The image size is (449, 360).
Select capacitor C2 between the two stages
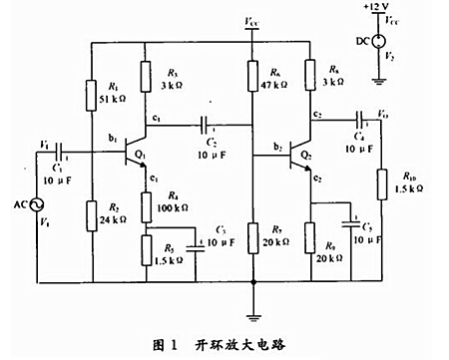click(206, 127)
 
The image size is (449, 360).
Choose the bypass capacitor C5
click(351, 220)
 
